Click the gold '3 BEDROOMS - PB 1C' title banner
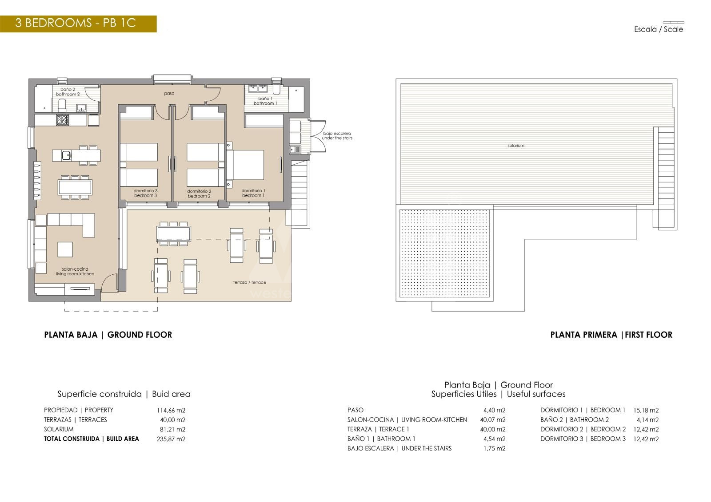coord(78,24)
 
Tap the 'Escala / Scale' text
coord(658,29)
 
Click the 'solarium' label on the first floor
coord(516,146)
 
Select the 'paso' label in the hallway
coord(169,94)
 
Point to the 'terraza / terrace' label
coord(249,282)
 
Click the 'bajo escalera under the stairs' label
coord(337,136)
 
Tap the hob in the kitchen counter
coord(62,120)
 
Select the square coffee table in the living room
coord(65,249)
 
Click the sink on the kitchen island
coord(66,155)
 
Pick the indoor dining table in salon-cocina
coord(75,187)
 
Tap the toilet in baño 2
coord(62,106)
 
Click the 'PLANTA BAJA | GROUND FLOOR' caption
coord(108,335)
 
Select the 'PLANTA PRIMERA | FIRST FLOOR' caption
coord(611,335)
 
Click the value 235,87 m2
coord(171,439)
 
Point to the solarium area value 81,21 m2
coord(172,429)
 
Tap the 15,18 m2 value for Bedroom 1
coord(646,411)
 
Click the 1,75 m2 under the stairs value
coord(494,448)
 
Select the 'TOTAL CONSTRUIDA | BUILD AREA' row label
coord(92,439)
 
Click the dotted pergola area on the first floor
coord(444,253)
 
